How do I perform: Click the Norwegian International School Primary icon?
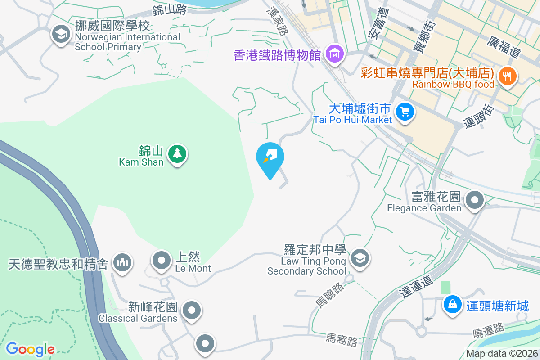pyautogui.click(x=61, y=33)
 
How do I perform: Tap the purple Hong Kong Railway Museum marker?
pyautogui.click(x=335, y=54)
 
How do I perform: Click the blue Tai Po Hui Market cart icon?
pyautogui.click(x=405, y=111)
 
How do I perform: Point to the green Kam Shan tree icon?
pyautogui.click(x=177, y=154)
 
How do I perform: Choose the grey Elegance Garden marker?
pyautogui.click(x=475, y=200)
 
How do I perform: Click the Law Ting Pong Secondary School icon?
pyautogui.click(x=360, y=258)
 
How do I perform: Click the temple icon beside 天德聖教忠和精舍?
pyautogui.click(x=122, y=262)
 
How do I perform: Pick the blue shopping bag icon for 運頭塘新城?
pyautogui.click(x=452, y=305)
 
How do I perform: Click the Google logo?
pyautogui.click(x=30, y=349)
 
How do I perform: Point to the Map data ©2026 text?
pyautogui.click(x=501, y=354)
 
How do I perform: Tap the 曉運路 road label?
pyautogui.click(x=488, y=332)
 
